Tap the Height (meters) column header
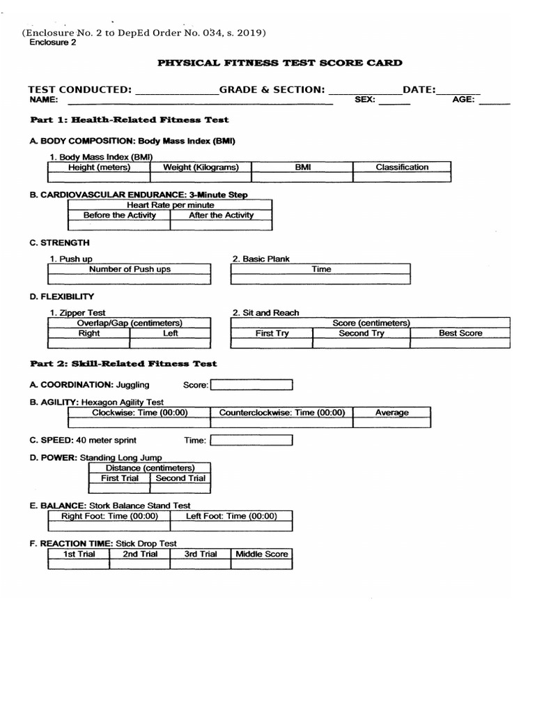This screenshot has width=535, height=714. (98, 167)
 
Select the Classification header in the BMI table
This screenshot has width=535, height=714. (402, 167)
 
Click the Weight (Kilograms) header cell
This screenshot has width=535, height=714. (201, 167)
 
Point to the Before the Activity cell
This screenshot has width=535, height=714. (119, 215)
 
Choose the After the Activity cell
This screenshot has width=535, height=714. (221, 215)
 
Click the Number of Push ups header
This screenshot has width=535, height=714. (130, 269)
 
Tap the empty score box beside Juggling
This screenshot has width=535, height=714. (251, 385)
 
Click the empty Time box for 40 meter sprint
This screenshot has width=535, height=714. (251, 440)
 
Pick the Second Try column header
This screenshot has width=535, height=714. (361, 333)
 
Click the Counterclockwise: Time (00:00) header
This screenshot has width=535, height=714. (282, 413)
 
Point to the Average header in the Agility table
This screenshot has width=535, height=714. (391, 413)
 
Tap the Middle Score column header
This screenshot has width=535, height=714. (261, 554)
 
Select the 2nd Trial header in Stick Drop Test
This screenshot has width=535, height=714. (140, 554)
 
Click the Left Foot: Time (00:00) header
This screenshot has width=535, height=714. (231, 517)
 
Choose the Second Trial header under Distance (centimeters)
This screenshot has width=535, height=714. (180, 478)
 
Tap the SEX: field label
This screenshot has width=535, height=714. (365, 100)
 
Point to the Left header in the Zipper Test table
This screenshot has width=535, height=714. (170, 333)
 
